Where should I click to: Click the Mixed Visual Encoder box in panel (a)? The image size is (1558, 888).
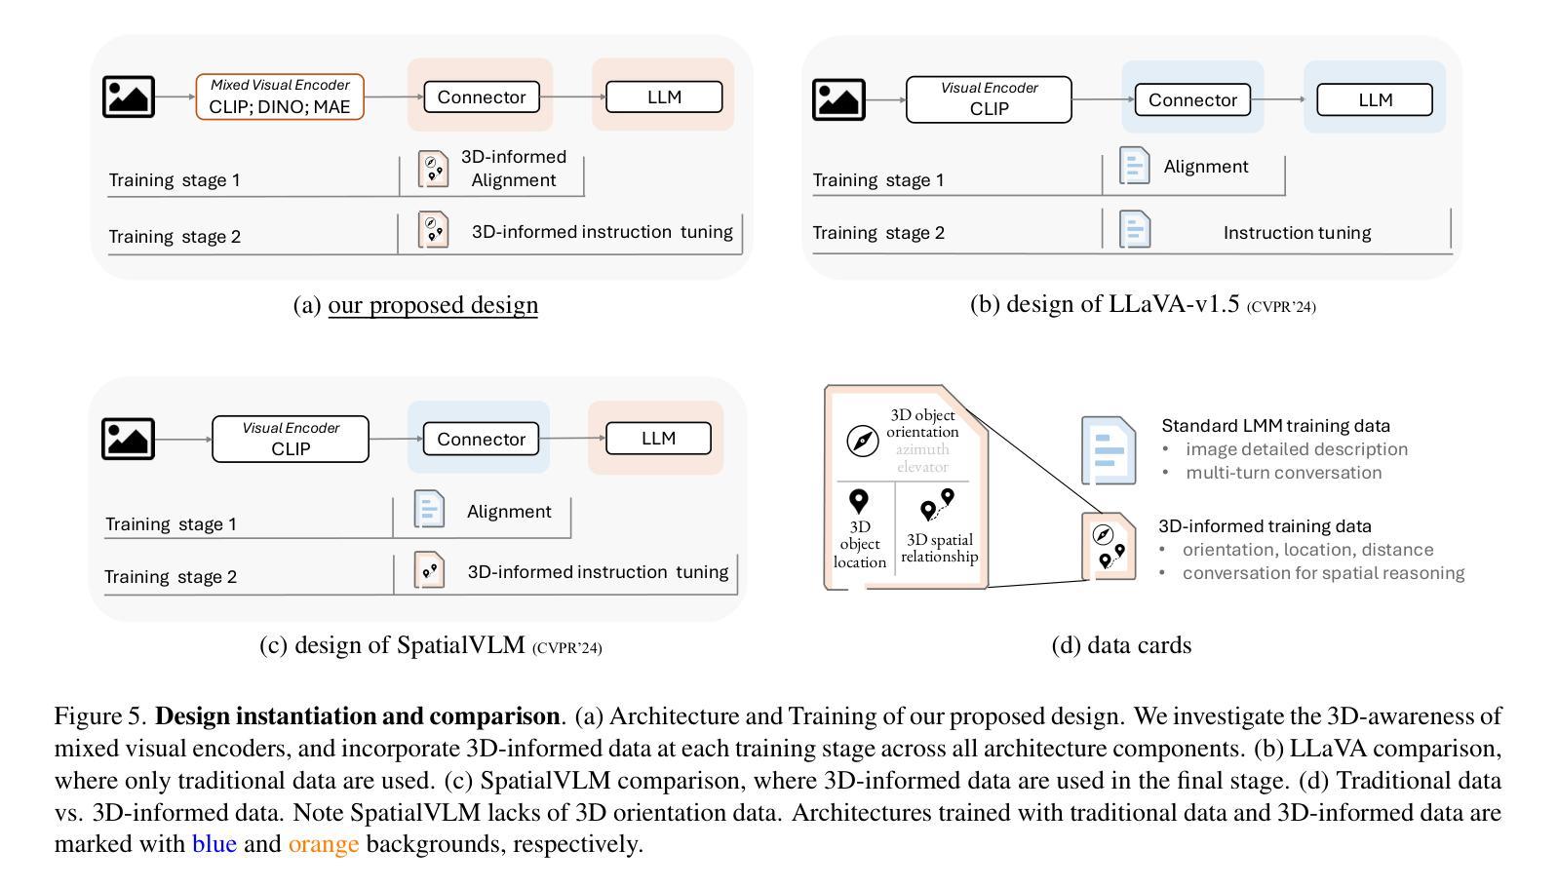coord(280,97)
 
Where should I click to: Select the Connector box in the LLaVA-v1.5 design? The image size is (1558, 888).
coord(1192,99)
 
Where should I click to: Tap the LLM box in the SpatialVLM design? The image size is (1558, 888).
coord(658,438)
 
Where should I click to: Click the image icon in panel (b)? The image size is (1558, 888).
coord(838,99)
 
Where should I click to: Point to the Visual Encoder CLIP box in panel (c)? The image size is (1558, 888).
coord(290,439)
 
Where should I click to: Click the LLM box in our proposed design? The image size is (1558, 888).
coord(664,97)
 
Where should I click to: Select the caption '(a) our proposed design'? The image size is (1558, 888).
coord(415,304)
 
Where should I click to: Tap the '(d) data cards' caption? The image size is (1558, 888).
coord(1121,644)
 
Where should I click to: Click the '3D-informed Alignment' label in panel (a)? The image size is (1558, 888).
coord(513,169)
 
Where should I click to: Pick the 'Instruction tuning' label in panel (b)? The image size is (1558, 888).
coord(1297,232)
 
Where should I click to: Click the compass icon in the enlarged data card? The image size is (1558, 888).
coord(862,441)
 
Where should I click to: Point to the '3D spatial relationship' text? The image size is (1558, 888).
coord(939,548)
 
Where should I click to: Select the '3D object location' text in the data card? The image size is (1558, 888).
coord(860,544)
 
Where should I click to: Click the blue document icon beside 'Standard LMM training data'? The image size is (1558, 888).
coord(1109,450)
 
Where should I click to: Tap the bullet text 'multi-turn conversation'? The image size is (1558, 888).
coord(1283,473)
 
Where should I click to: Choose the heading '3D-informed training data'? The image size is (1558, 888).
coord(1265,525)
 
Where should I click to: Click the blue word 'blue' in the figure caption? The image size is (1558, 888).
coord(214,843)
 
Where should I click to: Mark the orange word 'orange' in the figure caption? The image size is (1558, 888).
coord(324,845)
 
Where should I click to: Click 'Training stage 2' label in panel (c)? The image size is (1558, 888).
coord(171,576)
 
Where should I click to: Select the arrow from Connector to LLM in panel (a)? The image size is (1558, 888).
coord(573,97)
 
